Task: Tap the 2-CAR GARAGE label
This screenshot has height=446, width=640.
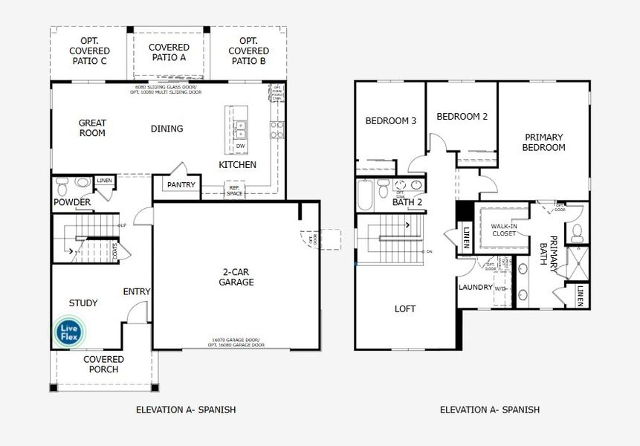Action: tap(236, 277)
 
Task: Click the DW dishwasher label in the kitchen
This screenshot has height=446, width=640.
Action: tap(240, 146)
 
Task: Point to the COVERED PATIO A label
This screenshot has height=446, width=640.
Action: tap(169, 52)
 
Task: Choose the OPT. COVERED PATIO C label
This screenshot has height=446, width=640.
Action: tap(89, 51)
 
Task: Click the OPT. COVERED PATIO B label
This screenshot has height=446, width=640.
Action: tap(248, 51)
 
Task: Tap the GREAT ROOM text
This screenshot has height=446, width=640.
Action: tap(92, 128)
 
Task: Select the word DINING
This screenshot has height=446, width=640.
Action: tap(167, 129)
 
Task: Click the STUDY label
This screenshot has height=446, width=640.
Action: tap(83, 303)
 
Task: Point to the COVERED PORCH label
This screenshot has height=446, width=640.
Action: tap(103, 364)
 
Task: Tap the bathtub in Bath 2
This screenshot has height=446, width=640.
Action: tap(364, 193)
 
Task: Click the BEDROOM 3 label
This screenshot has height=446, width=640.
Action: tap(390, 121)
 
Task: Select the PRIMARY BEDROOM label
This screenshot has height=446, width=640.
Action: tap(544, 142)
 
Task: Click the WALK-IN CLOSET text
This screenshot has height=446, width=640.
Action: tap(503, 230)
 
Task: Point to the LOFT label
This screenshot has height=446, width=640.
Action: tap(405, 308)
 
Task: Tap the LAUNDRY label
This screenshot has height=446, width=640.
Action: tap(476, 287)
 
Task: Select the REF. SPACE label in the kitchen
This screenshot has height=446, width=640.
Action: tap(235, 191)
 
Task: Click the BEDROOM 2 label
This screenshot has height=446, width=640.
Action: tap(462, 117)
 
